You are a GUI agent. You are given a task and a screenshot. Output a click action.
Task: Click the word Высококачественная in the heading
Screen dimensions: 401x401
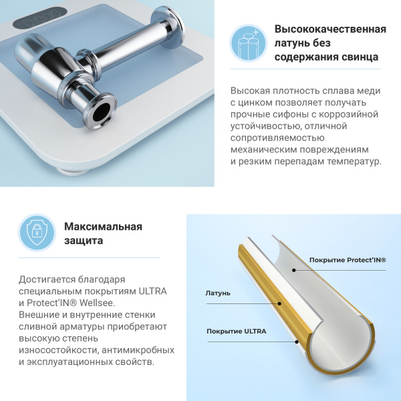[330, 30]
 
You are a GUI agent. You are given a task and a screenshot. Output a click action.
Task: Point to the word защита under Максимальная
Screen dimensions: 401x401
[84, 241]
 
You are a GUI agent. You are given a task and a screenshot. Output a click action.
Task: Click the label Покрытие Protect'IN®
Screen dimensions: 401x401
[348, 260]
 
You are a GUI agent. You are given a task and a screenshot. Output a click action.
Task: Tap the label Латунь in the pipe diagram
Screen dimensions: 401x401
[218, 293]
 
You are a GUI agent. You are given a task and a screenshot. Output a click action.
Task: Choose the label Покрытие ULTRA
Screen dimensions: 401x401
[236, 331]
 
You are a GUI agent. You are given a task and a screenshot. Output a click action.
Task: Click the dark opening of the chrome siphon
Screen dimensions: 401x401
[102, 110]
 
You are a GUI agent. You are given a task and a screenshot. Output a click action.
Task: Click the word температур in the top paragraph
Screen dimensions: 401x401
[356, 162]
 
